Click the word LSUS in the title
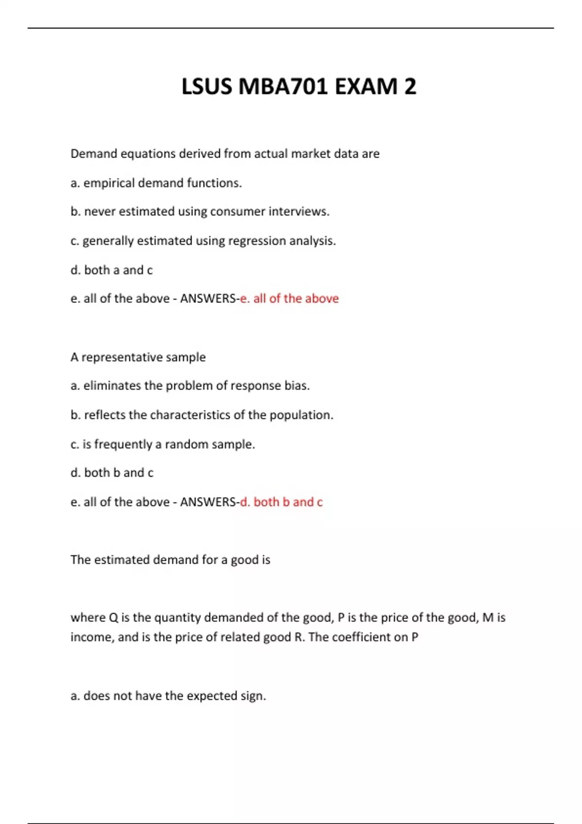coord(207,87)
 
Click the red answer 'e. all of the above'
coord(290,299)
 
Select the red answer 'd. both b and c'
coord(281,502)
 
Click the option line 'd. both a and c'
coord(112,270)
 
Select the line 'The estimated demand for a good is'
coord(170,560)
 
